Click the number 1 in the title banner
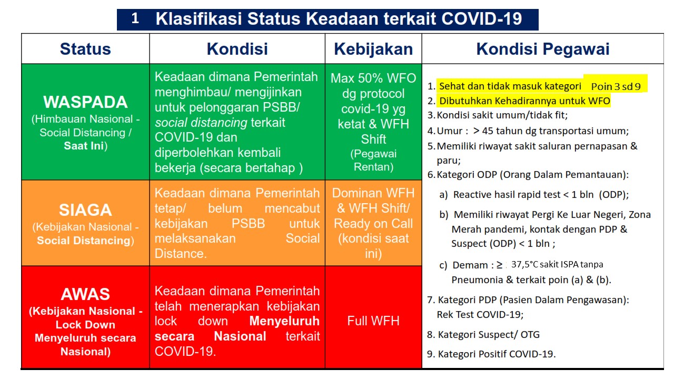tap(135, 18)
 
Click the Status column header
tap(85, 49)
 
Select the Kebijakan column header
tap(373, 49)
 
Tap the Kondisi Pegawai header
tap(543, 49)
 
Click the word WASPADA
tap(85, 102)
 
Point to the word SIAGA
tap(85, 210)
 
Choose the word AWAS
tap(85, 294)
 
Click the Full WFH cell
tap(373, 321)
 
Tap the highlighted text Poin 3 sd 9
tap(616, 87)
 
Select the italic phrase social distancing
tap(201, 123)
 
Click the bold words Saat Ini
tap(84, 146)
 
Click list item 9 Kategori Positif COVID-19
tap(491, 354)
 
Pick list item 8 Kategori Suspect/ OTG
tap(483, 334)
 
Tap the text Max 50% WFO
tap(373, 78)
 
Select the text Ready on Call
tap(373, 224)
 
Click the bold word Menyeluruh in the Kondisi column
tap(284, 321)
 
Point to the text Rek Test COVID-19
tap(480, 315)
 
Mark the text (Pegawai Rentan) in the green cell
tap(373, 161)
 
